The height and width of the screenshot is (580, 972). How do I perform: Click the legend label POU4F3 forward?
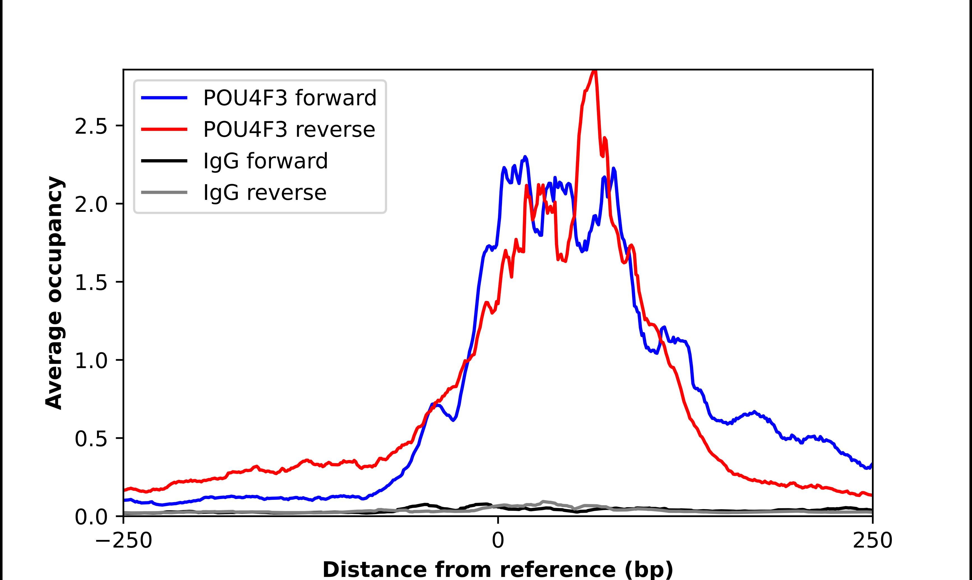tap(290, 98)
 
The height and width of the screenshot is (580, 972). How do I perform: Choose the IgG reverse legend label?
tap(265, 193)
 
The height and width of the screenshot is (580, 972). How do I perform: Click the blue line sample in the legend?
tap(164, 98)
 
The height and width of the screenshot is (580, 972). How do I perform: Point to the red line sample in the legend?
tap(164, 129)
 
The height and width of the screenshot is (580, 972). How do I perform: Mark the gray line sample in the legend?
tap(164, 192)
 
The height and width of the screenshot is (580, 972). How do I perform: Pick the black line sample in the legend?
tap(164, 161)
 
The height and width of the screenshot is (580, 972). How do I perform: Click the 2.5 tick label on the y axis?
tap(91, 126)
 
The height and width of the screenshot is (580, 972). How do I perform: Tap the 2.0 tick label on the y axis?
tap(91, 205)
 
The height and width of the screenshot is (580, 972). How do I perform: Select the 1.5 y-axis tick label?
tap(91, 282)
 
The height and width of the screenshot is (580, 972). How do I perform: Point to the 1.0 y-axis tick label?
tap(91, 361)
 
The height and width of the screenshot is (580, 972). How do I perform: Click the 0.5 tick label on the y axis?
tap(91, 439)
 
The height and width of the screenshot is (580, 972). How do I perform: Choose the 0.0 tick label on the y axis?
tap(91, 517)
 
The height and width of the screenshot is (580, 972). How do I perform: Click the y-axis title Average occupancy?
tap(54, 293)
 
